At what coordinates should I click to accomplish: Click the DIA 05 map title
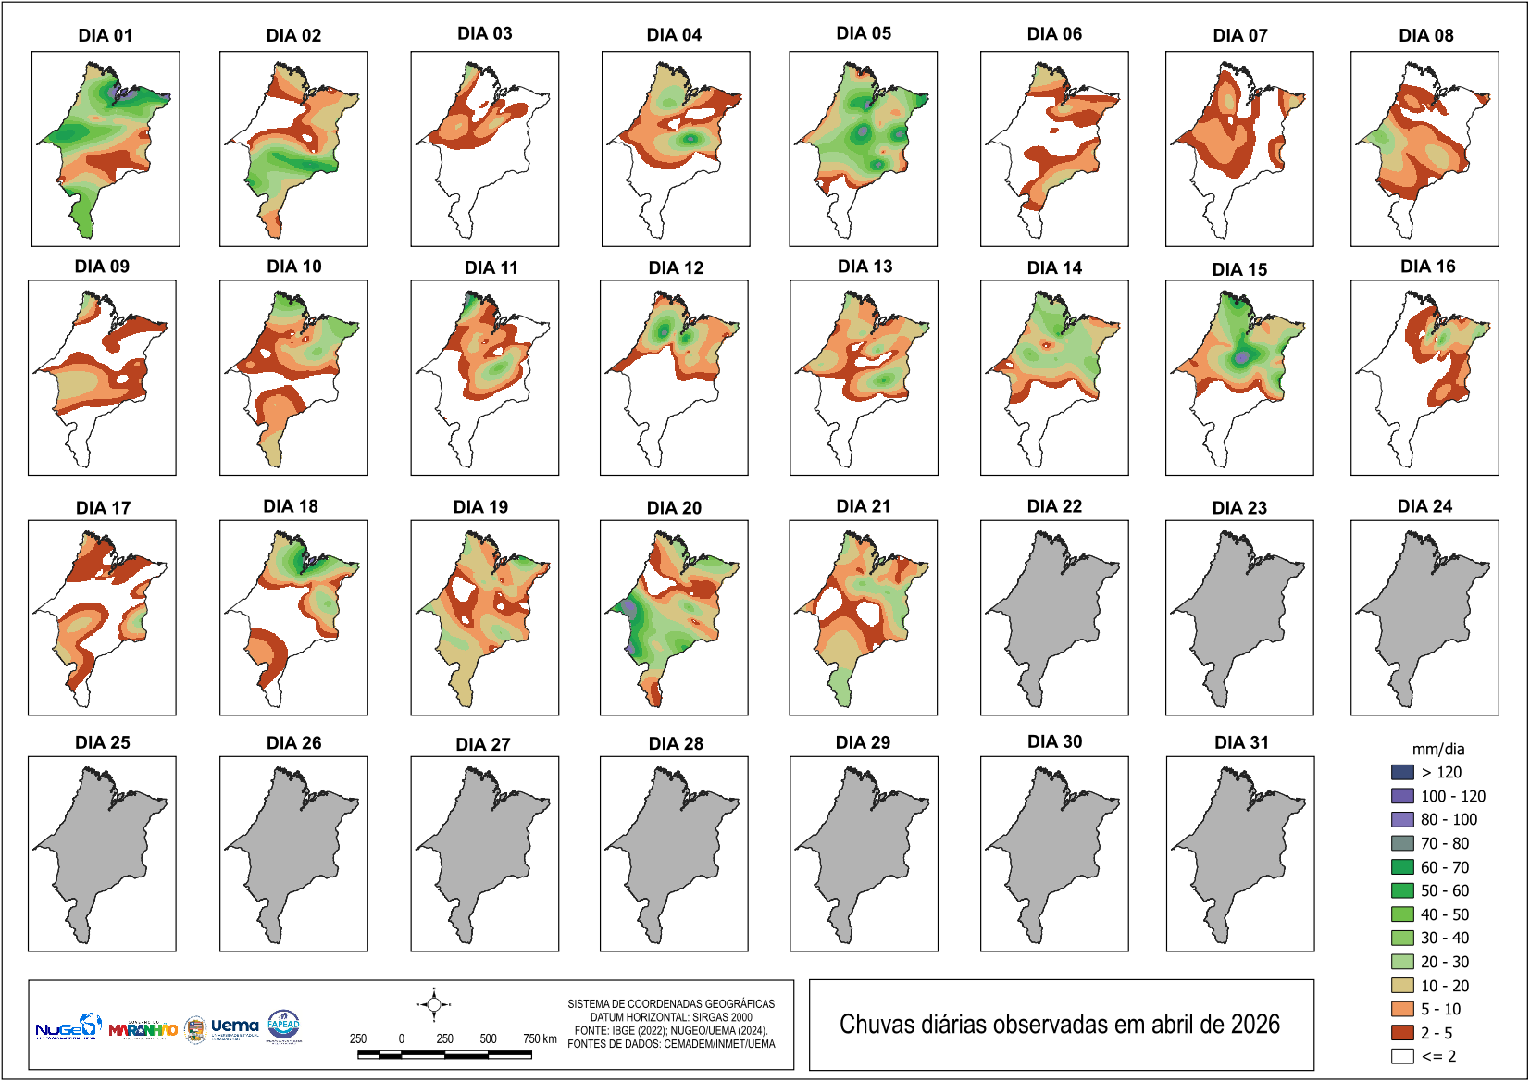coord(864,33)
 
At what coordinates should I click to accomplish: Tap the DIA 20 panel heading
coord(674,507)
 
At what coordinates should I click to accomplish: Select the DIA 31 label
coord(1241,742)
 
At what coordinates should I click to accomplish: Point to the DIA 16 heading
coord(1427,267)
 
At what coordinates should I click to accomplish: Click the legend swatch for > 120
coord(1402,772)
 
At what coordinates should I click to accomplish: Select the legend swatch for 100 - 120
coord(1402,796)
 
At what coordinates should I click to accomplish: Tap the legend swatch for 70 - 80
coord(1402,843)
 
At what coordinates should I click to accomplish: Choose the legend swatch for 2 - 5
coord(1402,1033)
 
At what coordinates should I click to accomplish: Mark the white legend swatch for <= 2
coord(1402,1056)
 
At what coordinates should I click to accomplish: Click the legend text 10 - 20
coord(1445,986)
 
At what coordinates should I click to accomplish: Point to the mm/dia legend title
coord(1437,749)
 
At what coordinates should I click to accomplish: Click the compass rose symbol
coord(433,1004)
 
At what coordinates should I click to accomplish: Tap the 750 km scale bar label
coord(540,1038)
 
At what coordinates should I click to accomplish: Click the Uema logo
coord(234,1026)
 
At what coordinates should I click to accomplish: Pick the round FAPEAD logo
coord(283,1025)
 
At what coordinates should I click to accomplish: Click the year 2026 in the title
coord(1254,1025)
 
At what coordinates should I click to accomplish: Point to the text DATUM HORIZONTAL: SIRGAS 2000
coord(671,1017)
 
